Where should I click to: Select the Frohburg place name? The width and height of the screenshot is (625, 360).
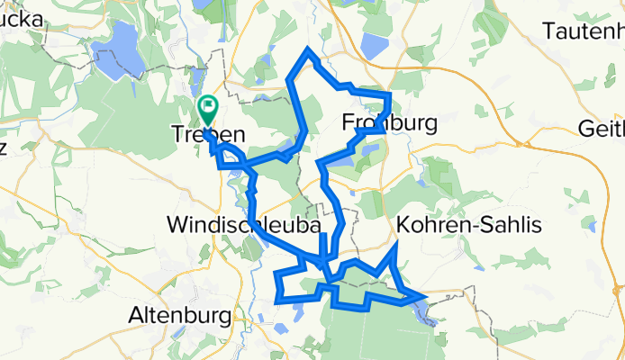389,121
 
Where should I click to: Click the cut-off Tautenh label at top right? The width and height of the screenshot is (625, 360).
584,31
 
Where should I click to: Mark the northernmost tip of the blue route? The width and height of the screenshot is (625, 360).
309,49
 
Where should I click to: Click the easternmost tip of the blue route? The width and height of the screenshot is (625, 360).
424,295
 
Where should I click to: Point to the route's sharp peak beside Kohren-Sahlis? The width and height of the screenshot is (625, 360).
396,246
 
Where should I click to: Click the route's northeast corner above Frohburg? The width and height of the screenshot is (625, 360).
388,95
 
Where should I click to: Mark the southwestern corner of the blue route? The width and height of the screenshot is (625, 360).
278,298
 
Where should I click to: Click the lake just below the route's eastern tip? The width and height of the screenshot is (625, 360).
421,310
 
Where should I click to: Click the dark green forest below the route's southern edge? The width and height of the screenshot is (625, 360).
360,333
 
